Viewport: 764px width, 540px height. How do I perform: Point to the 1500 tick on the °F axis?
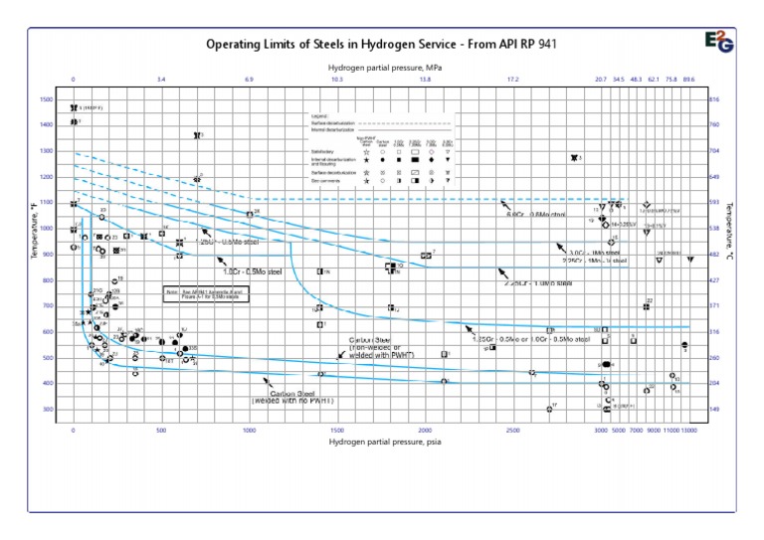47,99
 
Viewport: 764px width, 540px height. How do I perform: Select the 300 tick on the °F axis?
47,410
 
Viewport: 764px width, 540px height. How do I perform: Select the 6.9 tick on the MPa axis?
249,79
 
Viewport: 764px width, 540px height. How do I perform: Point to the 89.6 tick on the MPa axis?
688,79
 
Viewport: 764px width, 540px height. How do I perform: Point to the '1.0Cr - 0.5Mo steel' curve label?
254,271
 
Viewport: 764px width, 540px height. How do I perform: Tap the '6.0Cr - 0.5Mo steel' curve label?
535,215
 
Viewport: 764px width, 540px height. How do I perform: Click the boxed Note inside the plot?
206,293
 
